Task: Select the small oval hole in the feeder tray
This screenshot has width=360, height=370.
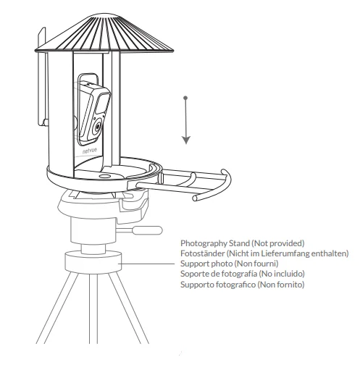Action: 104,175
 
